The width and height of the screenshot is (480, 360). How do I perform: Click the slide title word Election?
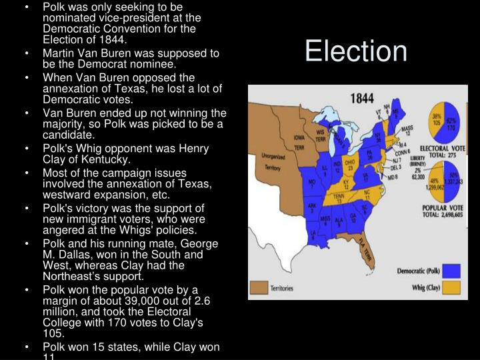pos(355,52)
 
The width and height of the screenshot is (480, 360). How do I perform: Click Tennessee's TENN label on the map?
pos(338,197)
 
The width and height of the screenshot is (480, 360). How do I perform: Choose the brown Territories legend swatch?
pos(258,288)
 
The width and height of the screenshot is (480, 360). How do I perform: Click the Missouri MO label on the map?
pos(311,182)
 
